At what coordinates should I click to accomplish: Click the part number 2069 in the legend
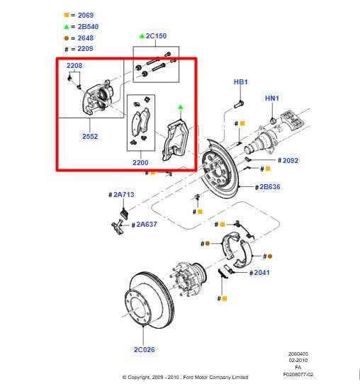84,15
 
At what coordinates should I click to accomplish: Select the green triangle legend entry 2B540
84,26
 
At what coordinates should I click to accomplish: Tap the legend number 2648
84,38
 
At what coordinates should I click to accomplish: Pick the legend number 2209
84,50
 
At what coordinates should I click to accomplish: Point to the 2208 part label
74,65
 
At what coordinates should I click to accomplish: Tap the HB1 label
241,82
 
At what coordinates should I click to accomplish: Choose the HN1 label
272,98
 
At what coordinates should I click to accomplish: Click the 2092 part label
290,161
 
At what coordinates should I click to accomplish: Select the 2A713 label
122,194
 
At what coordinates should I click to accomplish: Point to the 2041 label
260,272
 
